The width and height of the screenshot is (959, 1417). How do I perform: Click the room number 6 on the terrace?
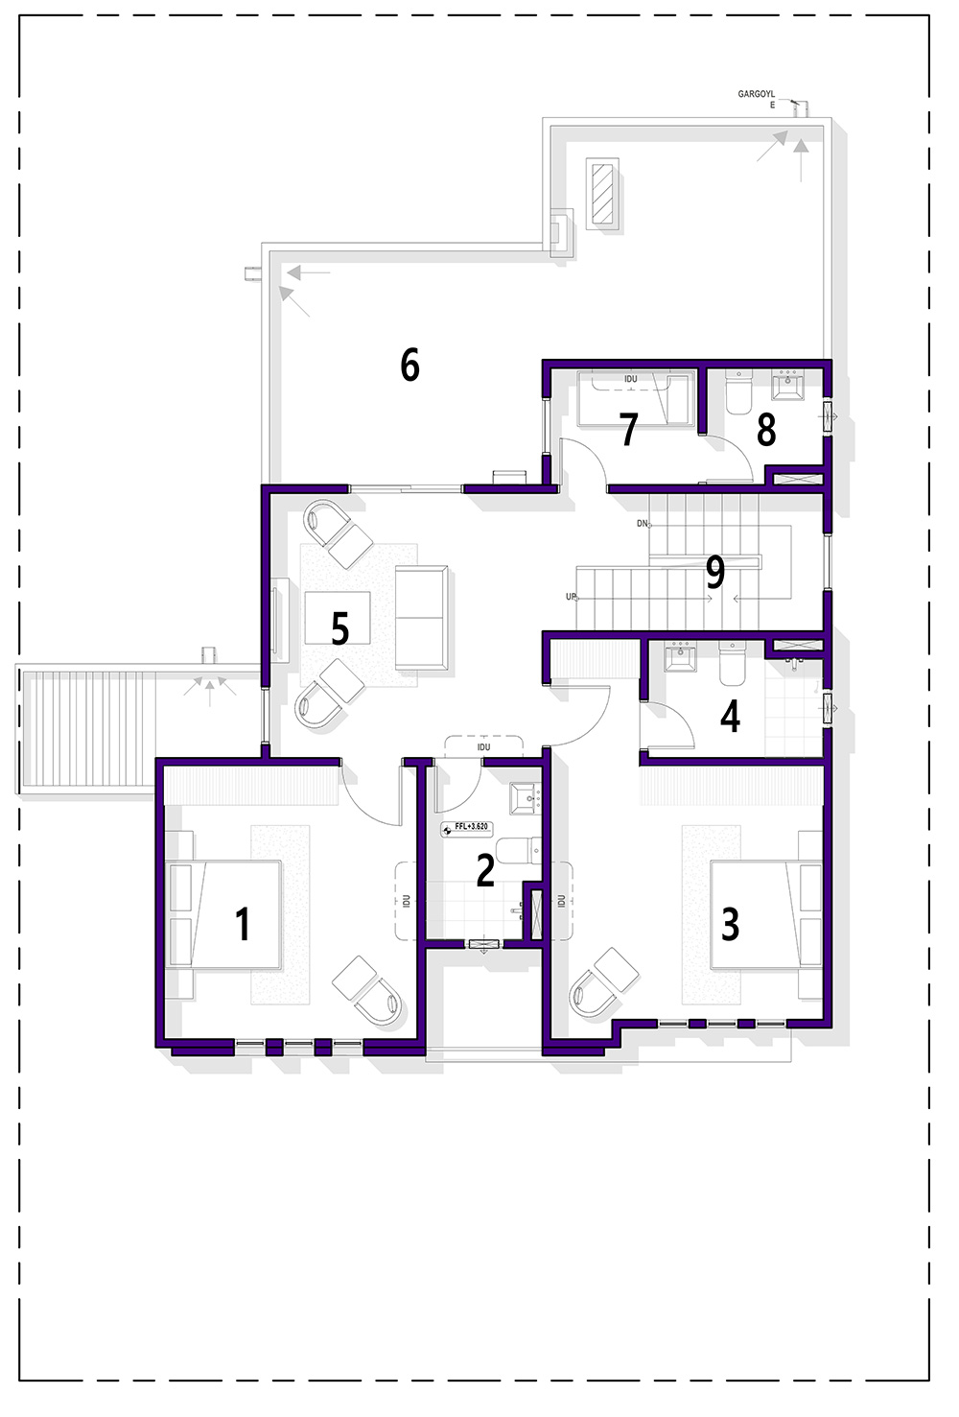click(x=409, y=365)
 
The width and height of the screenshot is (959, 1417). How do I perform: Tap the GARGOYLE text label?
click(x=757, y=100)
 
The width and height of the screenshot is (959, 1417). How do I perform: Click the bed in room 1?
click(x=223, y=914)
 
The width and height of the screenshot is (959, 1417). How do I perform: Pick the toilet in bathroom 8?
click(x=737, y=391)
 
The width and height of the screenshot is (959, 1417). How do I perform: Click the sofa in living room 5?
click(x=422, y=617)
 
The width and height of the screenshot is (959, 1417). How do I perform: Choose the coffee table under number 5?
click(x=338, y=618)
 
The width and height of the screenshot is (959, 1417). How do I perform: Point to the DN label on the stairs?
click(x=643, y=524)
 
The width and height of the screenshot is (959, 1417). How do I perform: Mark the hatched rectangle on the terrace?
click(x=602, y=193)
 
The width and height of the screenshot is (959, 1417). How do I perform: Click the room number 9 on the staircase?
click(x=715, y=571)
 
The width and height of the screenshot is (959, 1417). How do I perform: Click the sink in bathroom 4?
click(x=680, y=657)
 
